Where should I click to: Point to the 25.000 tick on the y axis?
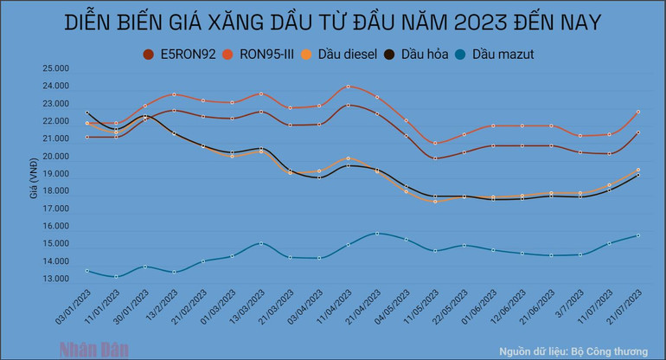tap(56, 69)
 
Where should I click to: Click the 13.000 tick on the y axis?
tap(56, 279)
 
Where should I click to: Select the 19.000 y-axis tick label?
tap(56, 174)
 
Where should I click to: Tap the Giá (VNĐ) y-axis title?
tap(35, 182)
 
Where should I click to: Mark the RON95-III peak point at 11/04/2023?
tap(348, 87)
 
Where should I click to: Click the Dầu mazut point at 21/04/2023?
tap(376, 233)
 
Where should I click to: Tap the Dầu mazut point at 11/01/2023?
tap(117, 276)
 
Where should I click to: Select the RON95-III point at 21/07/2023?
tap(637, 112)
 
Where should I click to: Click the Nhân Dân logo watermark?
tap(93, 350)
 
